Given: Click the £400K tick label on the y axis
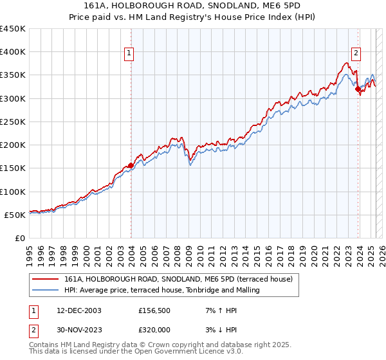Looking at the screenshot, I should click(x=13, y=52).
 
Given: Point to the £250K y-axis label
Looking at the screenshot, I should click(x=13, y=122).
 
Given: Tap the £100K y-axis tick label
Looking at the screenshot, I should click(x=13, y=192).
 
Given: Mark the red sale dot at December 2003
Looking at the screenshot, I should click(x=131, y=165).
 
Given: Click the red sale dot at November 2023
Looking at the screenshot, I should click(x=358, y=89).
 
